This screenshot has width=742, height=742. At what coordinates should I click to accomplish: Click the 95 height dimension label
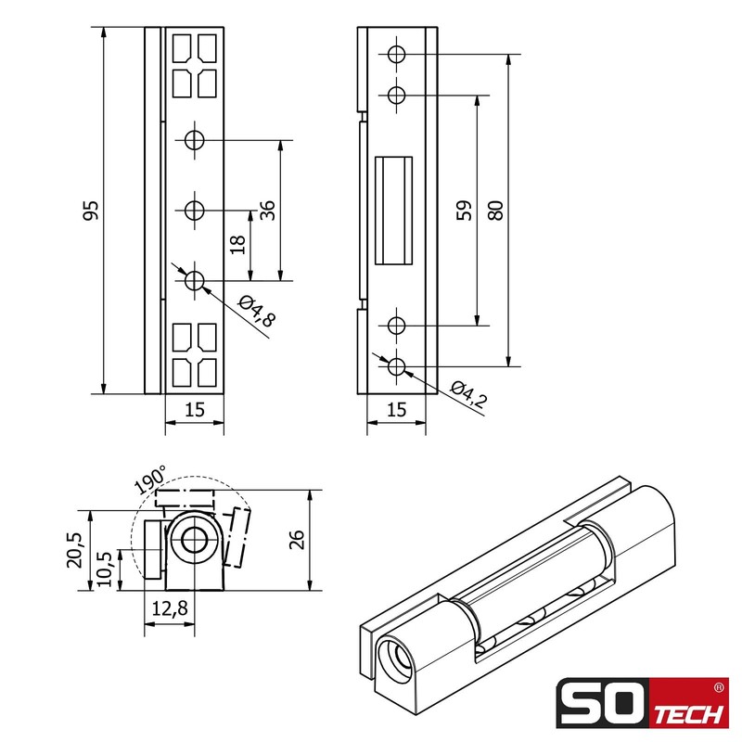(90, 211)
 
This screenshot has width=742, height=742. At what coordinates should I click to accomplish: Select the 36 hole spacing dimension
(267, 211)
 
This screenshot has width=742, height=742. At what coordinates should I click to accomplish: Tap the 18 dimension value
(237, 245)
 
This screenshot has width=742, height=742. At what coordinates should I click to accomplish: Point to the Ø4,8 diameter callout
(256, 312)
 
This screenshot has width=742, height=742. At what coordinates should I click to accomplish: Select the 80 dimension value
(495, 211)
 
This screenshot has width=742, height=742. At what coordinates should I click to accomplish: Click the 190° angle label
(149, 480)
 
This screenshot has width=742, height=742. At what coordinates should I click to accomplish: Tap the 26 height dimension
(296, 540)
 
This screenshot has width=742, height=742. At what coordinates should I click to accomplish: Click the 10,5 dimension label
(105, 569)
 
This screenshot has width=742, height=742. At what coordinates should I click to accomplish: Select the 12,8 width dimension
(169, 609)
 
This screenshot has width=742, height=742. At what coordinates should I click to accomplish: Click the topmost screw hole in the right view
(396, 55)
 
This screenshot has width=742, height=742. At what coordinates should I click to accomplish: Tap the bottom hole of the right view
(396, 366)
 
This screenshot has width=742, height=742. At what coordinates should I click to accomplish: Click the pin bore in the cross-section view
(194, 541)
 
